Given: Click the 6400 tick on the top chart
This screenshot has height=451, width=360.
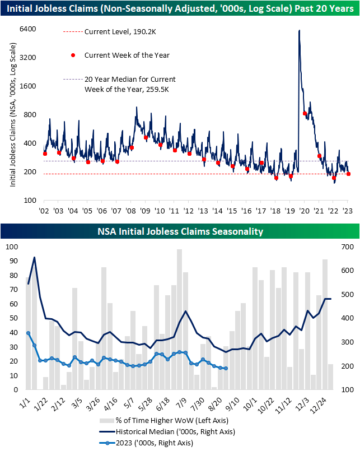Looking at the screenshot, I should [x=28, y=29].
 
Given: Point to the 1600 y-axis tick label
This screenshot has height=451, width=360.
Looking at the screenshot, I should [x=28, y=86].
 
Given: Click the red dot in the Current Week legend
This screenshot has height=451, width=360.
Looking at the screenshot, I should [x=72, y=55].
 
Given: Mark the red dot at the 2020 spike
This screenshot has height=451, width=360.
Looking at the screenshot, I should [x=305, y=114].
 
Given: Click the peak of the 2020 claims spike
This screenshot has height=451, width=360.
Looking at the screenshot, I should [x=299, y=30].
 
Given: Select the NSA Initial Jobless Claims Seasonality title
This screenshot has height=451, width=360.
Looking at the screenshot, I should [x=180, y=231].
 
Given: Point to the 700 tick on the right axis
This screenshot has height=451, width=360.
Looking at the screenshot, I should [x=347, y=247].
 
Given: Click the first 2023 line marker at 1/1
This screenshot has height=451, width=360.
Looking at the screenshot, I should [x=29, y=333].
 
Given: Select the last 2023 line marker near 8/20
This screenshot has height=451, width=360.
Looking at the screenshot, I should [x=225, y=369].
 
